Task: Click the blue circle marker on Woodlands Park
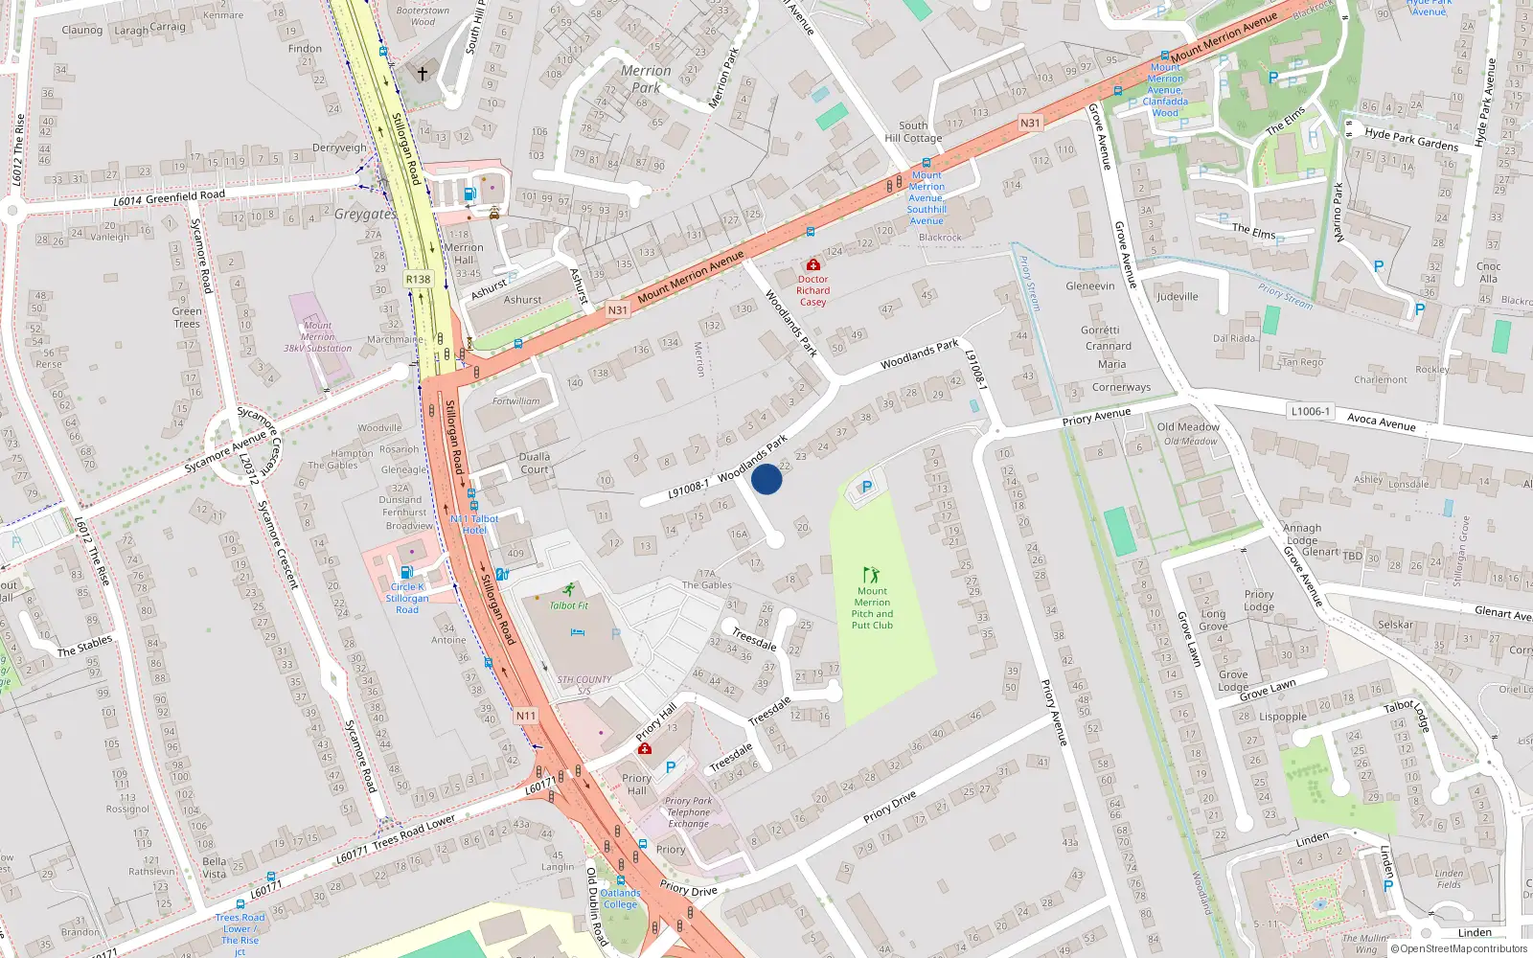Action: click(766, 479)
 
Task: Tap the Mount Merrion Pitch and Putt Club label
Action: click(872, 608)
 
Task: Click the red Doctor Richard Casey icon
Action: click(813, 264)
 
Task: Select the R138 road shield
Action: click(419, 279)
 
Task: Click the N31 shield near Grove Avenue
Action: click(1030, 123)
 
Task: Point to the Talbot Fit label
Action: click(568, 605)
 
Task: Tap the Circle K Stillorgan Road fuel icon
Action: click(407, 573)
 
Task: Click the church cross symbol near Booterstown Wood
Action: click(422, 73)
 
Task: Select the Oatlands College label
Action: click(620, 899)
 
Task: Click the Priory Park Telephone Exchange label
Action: click(689, 812)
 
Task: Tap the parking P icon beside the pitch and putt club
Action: click(867, 488)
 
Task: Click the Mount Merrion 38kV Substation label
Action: click(318, 337)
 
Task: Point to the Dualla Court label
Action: click(535, 463)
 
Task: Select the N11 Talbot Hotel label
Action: click(474, 524)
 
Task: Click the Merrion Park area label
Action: click(646, 79)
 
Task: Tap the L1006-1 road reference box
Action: click(1310, 411)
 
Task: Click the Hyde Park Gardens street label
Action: click(1411, 140)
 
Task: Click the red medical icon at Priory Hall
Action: click(645, 747)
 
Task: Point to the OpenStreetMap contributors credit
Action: click(1459, 948)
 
